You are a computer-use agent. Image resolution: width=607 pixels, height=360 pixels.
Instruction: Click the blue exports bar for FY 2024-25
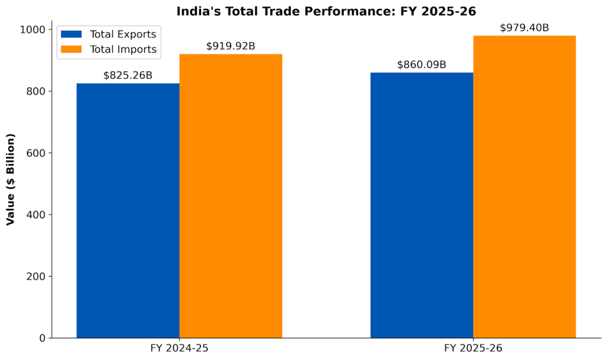click(128, 211)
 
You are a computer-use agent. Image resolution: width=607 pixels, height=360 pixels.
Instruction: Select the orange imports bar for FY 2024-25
click(231, 196)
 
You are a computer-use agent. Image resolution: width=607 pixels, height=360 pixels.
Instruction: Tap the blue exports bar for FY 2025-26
click(421, 205)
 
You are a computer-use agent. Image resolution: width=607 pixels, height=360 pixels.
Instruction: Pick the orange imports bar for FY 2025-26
click(524, 187)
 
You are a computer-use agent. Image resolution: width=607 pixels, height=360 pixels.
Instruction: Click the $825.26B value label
click(127, 75)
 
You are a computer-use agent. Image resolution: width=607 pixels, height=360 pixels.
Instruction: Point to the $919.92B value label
click(231, 46)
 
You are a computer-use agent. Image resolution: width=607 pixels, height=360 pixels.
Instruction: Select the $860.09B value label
click(421, 65)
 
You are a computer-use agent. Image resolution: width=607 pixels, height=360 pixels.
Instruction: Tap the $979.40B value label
click(525, 28)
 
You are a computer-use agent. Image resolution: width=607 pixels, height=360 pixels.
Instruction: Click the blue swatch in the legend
click(71, 34)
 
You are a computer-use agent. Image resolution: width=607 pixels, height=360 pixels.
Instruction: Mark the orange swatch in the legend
click(71, 50)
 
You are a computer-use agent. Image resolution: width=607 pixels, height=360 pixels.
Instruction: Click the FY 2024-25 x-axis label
click(179, 348)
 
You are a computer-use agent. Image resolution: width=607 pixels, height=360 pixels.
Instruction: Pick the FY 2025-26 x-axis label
click(473, 348)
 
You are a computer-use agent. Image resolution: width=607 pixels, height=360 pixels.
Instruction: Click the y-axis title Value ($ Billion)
click(11, 179)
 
